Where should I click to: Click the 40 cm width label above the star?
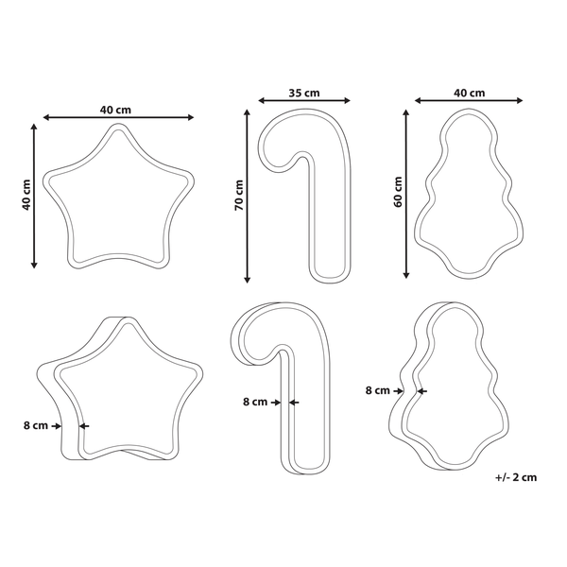(115, 110)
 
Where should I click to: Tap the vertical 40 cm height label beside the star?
(26, 195)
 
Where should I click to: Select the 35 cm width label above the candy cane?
(304, 94)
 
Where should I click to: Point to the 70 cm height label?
(239, 196)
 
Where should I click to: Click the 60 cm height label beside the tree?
(398, 192)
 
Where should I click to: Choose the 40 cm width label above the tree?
(469, 94)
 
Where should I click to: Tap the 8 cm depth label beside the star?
(36, 425)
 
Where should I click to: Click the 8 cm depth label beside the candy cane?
(255, 402)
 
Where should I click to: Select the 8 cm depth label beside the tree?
(377, 390)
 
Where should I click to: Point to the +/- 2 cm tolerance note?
(516, 477)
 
